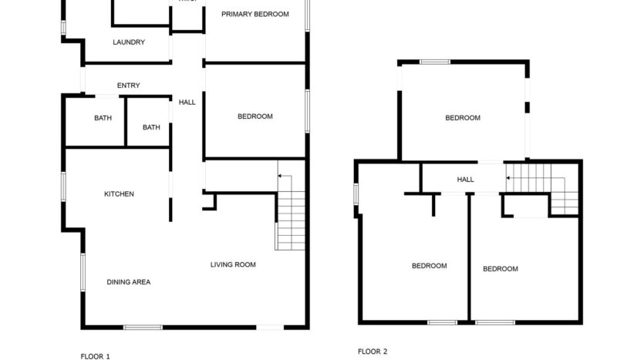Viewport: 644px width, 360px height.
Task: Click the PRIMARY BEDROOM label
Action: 255,15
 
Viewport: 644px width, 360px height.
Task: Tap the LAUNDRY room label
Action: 128,42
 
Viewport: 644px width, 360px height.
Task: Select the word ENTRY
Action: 128,86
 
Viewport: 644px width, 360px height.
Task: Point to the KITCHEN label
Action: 119,194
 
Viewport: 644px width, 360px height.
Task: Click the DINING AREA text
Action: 128,282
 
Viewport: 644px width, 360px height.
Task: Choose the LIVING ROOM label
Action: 233,265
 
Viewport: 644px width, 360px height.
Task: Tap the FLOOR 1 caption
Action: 96,356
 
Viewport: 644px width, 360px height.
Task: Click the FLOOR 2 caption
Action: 373,352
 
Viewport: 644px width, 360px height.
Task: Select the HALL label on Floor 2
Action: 465,180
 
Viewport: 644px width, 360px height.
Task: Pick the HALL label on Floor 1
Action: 187,103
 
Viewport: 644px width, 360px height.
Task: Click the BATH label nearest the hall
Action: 151,127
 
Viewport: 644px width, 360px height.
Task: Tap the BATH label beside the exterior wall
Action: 103,118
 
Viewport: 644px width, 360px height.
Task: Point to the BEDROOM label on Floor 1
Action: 255,116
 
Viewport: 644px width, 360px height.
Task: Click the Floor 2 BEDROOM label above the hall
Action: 463,118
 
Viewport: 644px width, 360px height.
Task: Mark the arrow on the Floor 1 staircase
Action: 282,177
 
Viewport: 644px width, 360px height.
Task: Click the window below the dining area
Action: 143,328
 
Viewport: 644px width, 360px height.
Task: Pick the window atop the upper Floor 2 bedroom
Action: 435,61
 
